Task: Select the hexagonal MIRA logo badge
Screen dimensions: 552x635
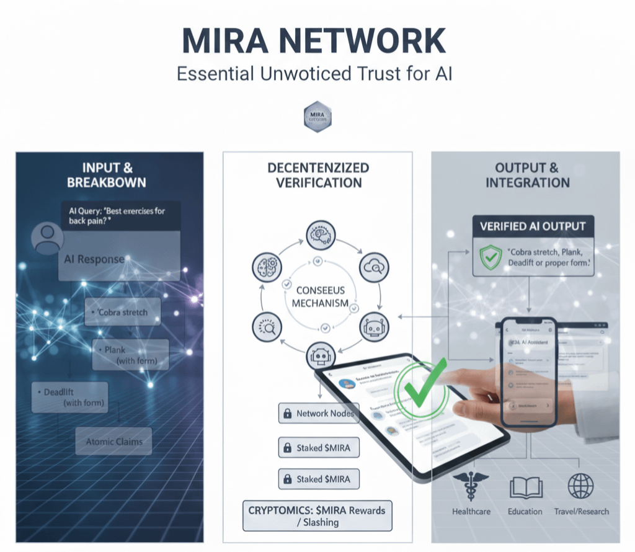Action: (317, 117)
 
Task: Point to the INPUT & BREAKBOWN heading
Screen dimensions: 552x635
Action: (109, 174)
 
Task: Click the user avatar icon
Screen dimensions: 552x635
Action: (48, 238)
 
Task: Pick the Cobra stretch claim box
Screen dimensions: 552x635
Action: (122, 312)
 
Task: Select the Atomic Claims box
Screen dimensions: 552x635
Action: (113, 442)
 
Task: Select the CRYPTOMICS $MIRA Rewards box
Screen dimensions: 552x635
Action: (317, 516)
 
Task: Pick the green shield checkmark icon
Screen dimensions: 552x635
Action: (491, 256)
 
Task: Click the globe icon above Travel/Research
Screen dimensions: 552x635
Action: (581, 485)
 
